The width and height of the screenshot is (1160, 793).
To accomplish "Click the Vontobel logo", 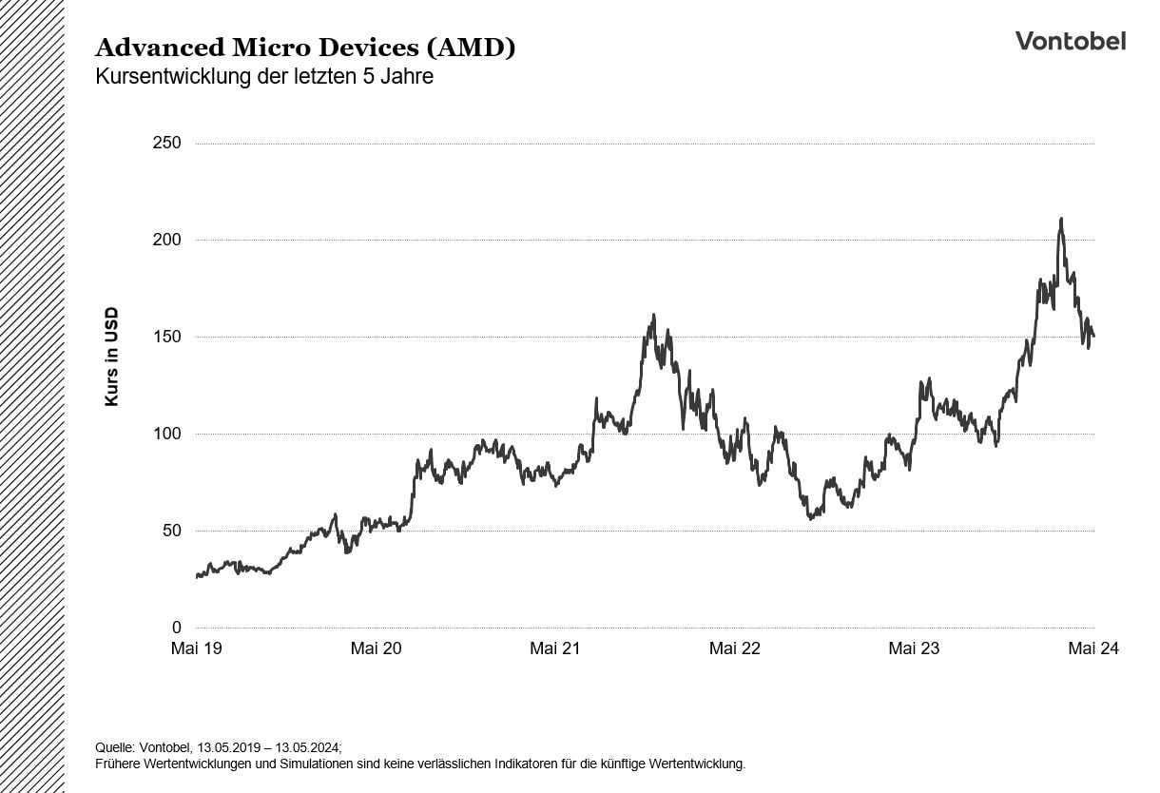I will (x=1070, y=40).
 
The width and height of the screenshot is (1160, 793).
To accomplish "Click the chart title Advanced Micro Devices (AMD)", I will (x=305, y=48).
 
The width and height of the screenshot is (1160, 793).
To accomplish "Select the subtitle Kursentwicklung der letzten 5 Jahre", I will (x=264, y=77).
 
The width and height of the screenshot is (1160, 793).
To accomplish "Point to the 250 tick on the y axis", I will (x=166, y=143).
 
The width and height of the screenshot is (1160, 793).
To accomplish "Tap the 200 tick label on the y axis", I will (x=166, y=240).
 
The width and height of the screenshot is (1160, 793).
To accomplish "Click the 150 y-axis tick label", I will (x=166, y=337).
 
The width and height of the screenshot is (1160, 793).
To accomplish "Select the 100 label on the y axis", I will (x=166, y=434).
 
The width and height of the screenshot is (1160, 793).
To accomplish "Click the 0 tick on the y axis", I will (x=176, y=628).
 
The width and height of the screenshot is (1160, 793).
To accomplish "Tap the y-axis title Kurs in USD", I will (x=111, y=357).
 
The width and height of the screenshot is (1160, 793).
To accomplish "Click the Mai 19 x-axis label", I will (x=197, y=648).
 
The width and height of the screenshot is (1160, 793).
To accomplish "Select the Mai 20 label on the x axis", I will (x=376, y=648).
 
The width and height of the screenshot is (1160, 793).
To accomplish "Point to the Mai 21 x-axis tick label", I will (x=555, y=648).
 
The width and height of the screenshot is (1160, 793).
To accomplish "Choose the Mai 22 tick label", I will (x=735, y=648).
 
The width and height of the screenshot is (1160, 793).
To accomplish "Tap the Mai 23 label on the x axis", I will (x=914, y=648).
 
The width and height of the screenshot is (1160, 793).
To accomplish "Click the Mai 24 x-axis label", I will (x=1093, y=648).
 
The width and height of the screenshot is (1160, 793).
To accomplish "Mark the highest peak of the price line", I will (x=1061, y=219).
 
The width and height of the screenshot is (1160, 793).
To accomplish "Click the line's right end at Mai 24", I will (x=1093, y=336).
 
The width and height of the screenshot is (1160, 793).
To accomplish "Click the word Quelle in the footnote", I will (x=116, y=747).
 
